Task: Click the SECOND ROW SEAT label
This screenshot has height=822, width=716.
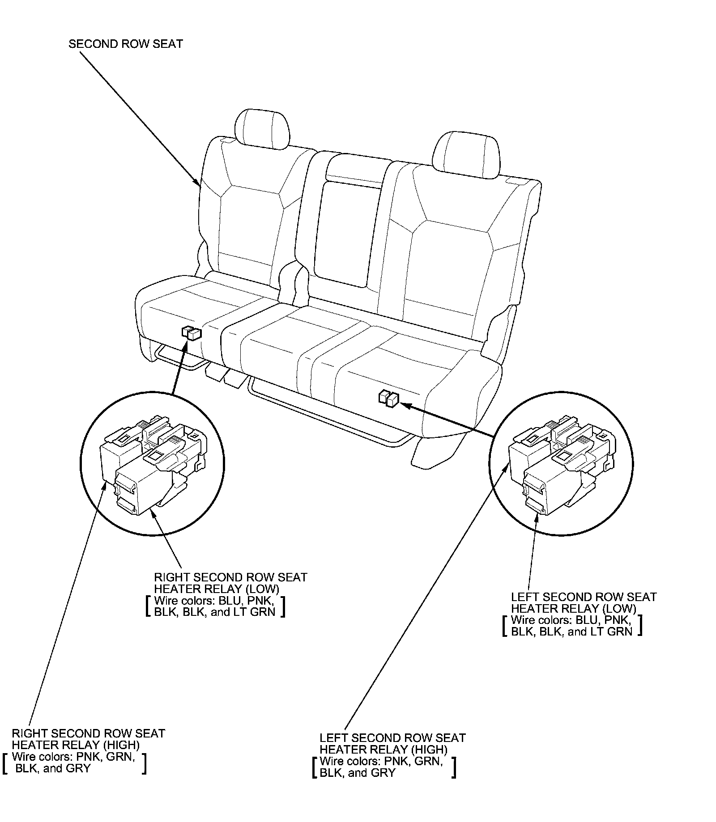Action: click(x=126, y=44)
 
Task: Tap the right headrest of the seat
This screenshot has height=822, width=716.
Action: click(x=466, y=155)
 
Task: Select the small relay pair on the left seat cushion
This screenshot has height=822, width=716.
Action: click(x=192, y=333)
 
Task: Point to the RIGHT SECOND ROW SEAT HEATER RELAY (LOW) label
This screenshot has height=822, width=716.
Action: click(x=230, y=583)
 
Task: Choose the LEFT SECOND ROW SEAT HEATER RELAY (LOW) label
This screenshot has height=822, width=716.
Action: click(x=584, y=602)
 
